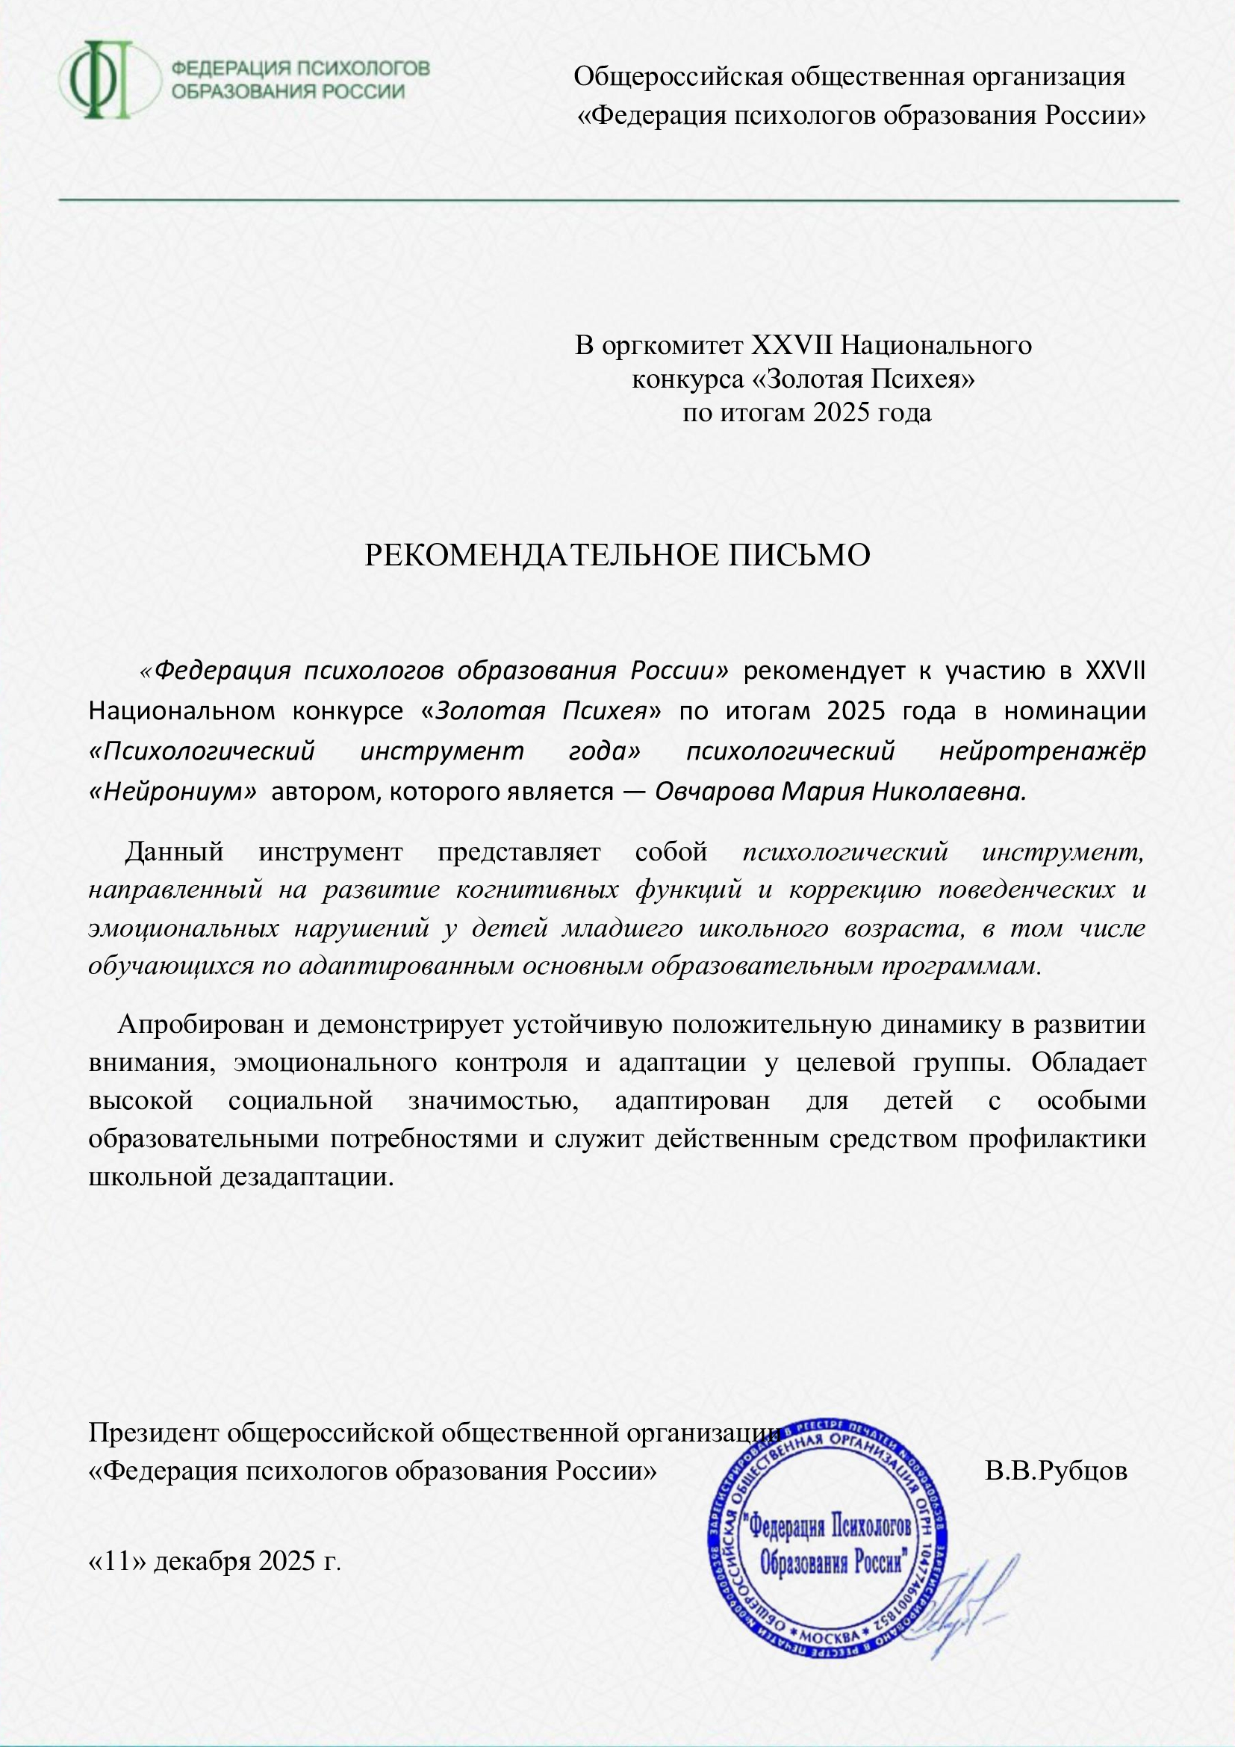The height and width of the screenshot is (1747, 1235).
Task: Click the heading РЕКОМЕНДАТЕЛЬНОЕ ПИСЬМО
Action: click(617, 556)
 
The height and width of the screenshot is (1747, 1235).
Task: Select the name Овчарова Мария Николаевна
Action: click(840, 792)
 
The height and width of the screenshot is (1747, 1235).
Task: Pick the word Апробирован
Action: click(201, 1024)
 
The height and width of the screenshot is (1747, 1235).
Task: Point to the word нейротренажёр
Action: click(1042, 751)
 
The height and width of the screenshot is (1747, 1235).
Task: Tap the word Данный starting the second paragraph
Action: click(174, 851)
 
